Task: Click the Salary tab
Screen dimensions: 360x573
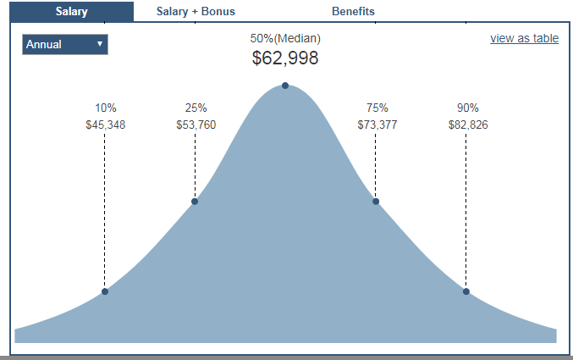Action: pyautogui.click(x=71, y=12)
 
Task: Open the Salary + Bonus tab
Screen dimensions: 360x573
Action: pyautogui.click(x=196, y=12)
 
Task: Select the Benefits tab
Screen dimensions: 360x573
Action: pyautogui.click(x=353, y=12)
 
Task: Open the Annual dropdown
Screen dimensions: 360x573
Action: pyautogui.click(x=65, y=44)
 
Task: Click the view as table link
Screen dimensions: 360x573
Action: pyautogui.click(x=524, y=38)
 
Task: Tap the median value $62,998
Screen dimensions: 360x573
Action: pyautogui.click(x=285, y=58)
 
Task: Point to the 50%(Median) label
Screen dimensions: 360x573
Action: pyautogui.click(x=285, y=38)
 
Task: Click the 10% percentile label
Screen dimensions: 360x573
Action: pyautogui.click(x=106, y=108)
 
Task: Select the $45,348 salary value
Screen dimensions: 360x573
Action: pyautogui.click(x=106, y=125)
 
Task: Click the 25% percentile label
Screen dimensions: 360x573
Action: pyautogui.click(x=196, y=108)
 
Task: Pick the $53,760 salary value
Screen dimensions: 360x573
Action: pyautogui.click(x=196, y=125)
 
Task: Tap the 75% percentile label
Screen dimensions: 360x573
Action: pyautogui.click(x=377, y=108)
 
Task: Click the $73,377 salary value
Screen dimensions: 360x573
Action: pyautogui.click(x=377, y=125)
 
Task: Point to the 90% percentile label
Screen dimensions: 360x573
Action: pyautogui.click(x=467, y=108)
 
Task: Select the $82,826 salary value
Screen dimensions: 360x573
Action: pyautogui.click(x=467, y=125)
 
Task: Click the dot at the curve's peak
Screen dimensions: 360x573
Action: pyautogui.click(x=285, y=86)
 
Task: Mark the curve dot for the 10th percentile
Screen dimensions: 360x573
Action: pyautogui.click(x=105, y=291)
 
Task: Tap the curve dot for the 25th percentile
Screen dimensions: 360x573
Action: pyautogui.click(x=195, y=201)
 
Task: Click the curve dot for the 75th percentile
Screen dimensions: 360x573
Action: pyautogui.click(x=376, y=201)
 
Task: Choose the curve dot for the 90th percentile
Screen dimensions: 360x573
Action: pyautogui.click(x=466, y=291)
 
